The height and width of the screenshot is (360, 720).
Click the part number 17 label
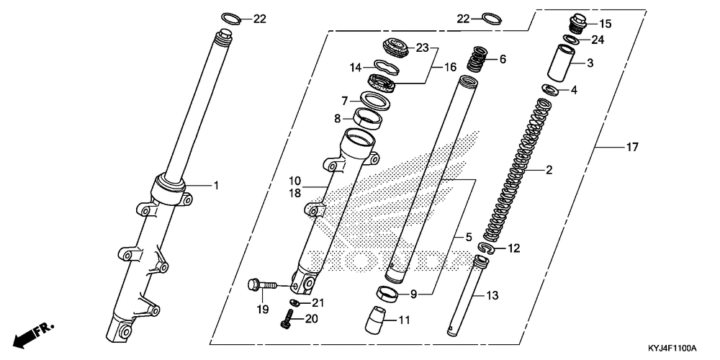pyautogui.click(x=632, y=148)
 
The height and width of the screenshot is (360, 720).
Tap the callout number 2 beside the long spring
pyautogui.click(x=549, y=171)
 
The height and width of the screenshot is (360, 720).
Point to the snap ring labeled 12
pyautogui.click(x=487, y=250)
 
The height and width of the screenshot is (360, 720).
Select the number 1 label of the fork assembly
pyautogui.click(x=215, y=186)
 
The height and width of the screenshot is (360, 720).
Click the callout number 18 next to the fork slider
pyautogui.click(x=296, y=193)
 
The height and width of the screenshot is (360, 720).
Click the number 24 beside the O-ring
pyautogui.click(x=598, y=40)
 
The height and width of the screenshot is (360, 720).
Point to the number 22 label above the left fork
pyautogui.click(x=260, y=19)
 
